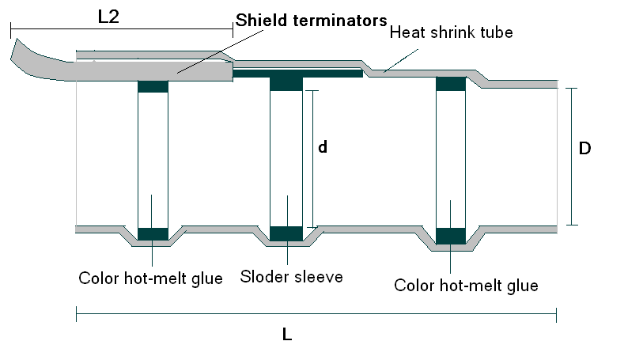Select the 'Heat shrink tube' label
pos(452,32)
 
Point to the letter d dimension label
pos(322,147)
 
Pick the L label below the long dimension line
pos(287,335)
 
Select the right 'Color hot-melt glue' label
pos(466,285)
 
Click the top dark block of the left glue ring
pos(153,86)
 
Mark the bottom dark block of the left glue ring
pos(153,233)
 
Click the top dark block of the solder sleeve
pos(286,82)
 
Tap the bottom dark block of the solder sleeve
pos(286,233)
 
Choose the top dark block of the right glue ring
pos(451,83)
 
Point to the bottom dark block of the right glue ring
pos(451,236)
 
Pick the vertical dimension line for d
pos(313,158)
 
